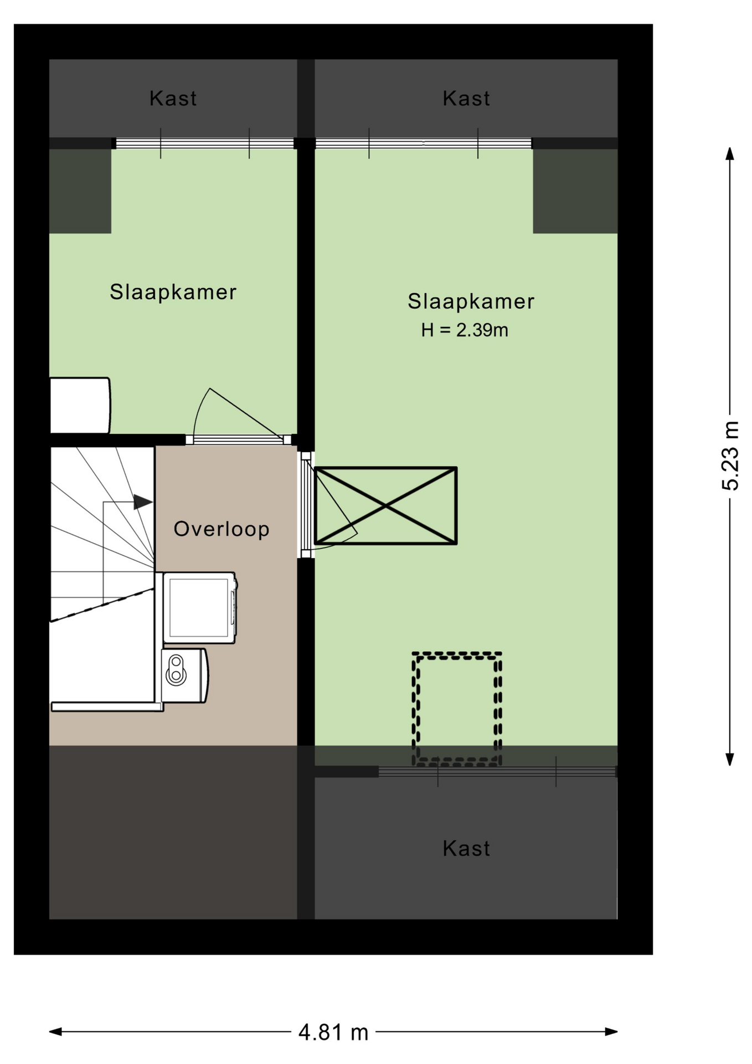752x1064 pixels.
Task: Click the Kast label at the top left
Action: pos(173,99)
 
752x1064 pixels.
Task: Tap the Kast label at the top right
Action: pos(466,99)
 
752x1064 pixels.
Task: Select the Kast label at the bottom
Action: pos(466,848)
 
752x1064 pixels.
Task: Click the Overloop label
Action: pos(222,529)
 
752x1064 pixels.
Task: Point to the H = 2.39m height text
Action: pos(465,330)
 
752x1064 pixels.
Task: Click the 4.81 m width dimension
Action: pos(333,1032)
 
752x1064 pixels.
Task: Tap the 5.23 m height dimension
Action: pos(730,456)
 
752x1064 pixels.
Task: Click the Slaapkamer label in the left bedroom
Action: pos(173,292)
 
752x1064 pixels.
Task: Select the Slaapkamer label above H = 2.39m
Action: pos(471,301)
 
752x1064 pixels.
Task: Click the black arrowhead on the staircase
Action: pos(143,502)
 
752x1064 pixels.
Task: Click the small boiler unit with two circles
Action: pos(185,676)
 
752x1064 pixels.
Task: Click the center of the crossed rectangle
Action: pos(385,505)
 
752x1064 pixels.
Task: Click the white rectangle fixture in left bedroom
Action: pos(80,405)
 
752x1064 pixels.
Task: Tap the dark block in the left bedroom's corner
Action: pos(80,191)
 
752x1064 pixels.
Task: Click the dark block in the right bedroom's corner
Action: pos(575,191)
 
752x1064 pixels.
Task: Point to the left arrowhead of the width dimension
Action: pos(55,1031)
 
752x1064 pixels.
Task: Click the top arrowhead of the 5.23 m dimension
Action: pos(730,154)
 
